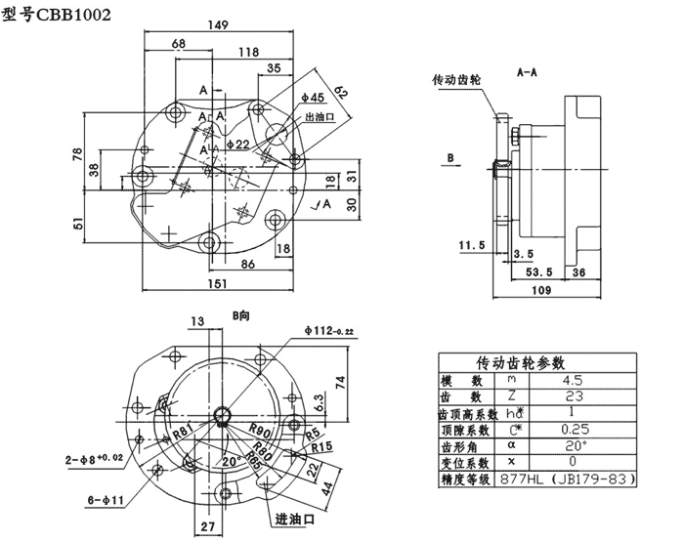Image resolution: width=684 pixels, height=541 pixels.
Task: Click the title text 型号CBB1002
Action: [x=57, y=17]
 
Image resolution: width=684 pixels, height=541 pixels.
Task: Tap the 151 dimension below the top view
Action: [x=218, y=282]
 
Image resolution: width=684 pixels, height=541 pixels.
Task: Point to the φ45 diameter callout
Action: [x=313, y=98]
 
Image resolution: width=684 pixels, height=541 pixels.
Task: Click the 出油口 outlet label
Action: [x=321, y=117]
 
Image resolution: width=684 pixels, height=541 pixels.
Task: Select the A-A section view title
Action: [x=529, y=71]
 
